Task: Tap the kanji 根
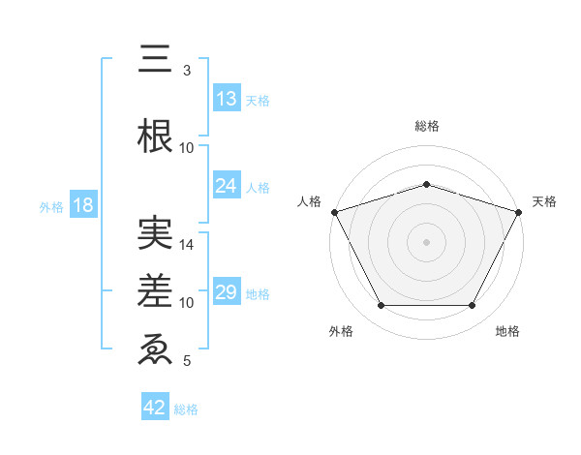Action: (x=155, y=137)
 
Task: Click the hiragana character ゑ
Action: (x=155, y=349)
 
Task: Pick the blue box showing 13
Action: (x=227, y=99)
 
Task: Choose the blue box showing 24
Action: (x=227, y=186)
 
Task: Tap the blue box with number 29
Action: (x=227, y=292)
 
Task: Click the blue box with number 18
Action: (x=82, y=205)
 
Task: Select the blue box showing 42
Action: (x=155, y=408)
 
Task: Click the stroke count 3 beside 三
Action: (x=187, y=71)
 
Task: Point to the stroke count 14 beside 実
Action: (x=187, y=245)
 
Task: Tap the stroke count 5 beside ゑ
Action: (x=187, y=361)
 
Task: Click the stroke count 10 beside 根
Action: (x=187, y=148)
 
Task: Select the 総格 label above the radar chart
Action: (x=427, y=126)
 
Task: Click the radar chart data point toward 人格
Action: (x=334, y=211)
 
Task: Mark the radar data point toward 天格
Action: (x=519, y=211)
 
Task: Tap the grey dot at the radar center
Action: (x=426, y=241)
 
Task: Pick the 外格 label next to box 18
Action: (x=50, y=206)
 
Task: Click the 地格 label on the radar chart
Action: (x=507, y=332)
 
